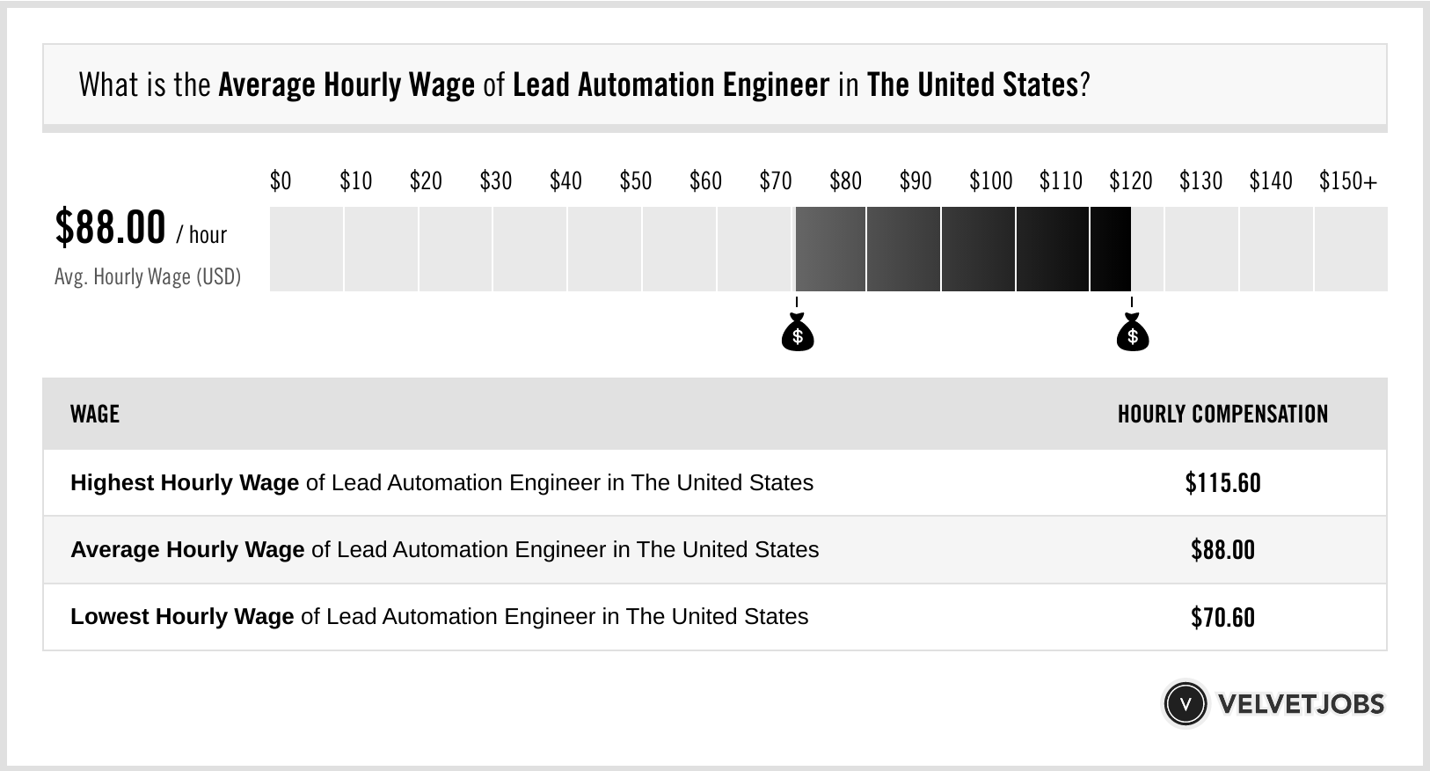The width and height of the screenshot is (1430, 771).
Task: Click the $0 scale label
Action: tap(280, 181)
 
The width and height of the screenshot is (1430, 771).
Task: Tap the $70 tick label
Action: tap(775, 181)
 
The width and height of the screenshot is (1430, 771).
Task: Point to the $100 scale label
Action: tap(990, 181)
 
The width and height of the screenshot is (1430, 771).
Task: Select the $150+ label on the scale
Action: tap(1347, 181)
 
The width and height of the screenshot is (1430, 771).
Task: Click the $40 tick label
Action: tap(565, 181)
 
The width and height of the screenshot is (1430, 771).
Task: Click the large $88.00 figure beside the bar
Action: tap(110, 227)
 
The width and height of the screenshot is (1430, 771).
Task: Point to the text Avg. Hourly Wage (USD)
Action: tap(148, 277)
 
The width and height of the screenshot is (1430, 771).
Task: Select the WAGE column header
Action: tap(94, 414)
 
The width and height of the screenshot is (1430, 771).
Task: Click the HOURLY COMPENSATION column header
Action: tap(1222, 414)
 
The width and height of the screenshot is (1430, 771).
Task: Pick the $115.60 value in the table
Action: tap(1222, 483)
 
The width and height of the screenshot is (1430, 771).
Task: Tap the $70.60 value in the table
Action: tap(1222, 617)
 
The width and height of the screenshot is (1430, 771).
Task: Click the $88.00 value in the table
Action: tap(1222, 550)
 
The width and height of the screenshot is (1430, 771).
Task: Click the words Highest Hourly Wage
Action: tap(185, 483)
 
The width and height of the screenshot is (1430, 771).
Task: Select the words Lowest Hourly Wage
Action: tap(182, 617)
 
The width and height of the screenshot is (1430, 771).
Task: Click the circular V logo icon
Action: tap(1185, 704)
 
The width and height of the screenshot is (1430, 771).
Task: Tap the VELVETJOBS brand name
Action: tap(1301, 704)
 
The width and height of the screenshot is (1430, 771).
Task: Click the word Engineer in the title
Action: tap(776, 85)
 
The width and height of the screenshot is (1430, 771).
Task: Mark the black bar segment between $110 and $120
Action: tap(1052, 249)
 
